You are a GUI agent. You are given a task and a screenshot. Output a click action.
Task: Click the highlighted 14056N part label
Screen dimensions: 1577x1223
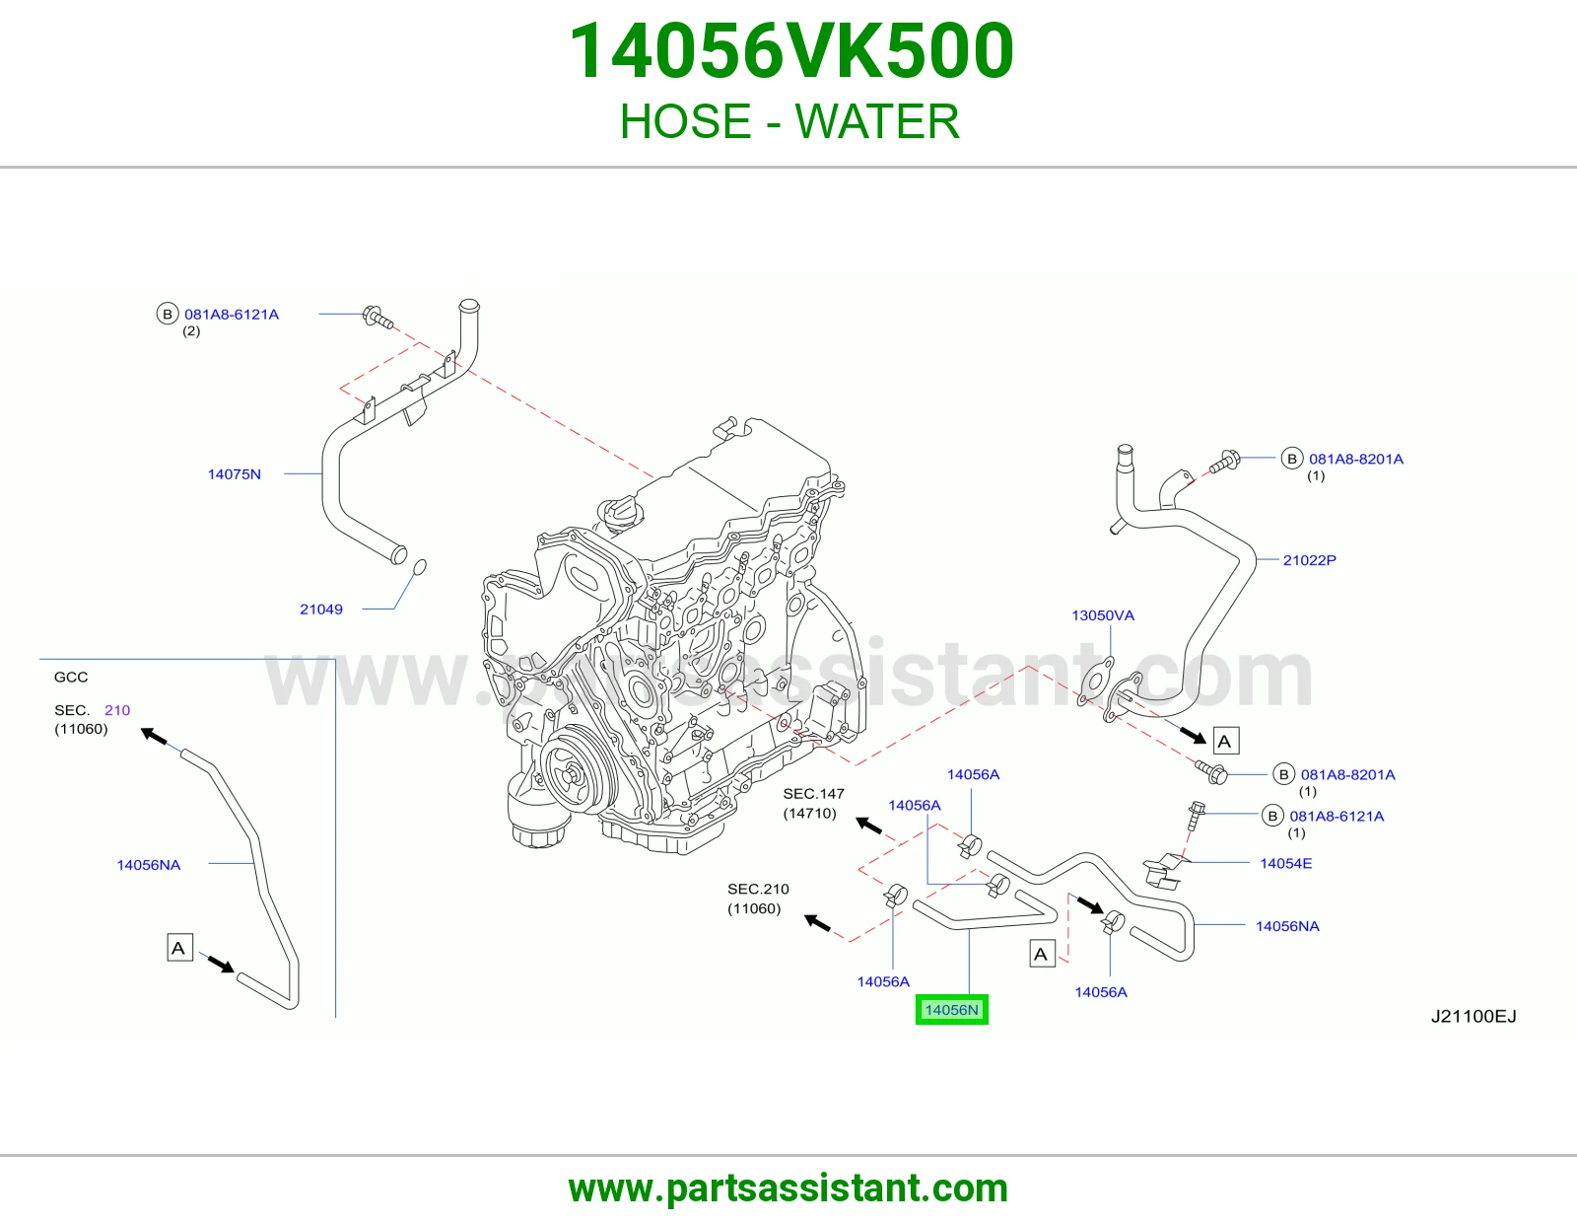951,1010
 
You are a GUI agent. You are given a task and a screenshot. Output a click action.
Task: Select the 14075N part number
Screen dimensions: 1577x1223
234,474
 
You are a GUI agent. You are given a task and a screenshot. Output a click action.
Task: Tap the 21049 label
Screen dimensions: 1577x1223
320,610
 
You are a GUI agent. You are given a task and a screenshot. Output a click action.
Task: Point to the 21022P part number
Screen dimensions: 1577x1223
1309,560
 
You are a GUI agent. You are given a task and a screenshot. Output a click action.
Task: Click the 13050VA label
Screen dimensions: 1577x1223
1102,615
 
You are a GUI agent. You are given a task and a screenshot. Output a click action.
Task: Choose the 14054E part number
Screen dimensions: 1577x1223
1285,863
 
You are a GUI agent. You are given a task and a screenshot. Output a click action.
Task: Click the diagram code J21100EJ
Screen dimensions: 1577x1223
1474,1016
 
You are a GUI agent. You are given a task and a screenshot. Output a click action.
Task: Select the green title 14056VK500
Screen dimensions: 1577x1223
791,51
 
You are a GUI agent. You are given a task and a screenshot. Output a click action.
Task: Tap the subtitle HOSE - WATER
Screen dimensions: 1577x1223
789,121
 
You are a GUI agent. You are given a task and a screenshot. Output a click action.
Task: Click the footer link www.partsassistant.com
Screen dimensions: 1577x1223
788,1188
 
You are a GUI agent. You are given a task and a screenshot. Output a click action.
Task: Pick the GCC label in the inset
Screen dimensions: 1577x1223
71,677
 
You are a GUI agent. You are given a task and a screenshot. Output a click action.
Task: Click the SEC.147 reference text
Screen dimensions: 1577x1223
813,794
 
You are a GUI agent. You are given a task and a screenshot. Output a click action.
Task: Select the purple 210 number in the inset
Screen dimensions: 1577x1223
117,710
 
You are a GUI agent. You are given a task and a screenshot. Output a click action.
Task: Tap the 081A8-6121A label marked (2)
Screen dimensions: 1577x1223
232,315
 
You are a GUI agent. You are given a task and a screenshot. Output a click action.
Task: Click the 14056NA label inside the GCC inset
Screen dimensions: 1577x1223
149,864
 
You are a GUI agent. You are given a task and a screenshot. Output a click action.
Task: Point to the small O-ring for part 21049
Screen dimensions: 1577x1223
419,566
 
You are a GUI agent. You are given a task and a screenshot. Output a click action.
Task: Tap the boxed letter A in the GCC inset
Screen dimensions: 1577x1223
179,948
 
